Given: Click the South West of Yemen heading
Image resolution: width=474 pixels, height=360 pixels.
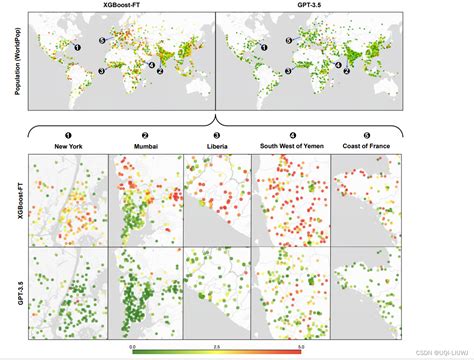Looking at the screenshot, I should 291,146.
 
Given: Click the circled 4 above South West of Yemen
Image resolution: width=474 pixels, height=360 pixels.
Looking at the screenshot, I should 291,135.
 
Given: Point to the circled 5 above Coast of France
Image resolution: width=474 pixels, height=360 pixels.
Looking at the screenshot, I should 366,135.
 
